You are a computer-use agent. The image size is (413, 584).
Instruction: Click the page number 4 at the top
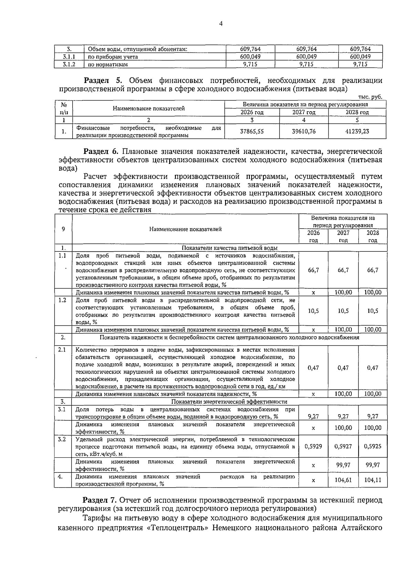[x=221, y=24]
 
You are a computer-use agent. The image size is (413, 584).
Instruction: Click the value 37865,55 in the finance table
[x=252, y=131]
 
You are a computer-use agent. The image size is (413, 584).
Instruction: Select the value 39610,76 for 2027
[x=304, y=131]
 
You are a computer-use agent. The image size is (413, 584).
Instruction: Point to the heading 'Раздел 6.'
[x=102, y=152]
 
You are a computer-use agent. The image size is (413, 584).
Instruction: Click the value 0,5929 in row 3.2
[x=313, y=446]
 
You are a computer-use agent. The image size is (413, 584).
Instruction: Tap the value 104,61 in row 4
[x=343, y=479]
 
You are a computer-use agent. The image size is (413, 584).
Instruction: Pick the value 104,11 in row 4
[x=373, y=479]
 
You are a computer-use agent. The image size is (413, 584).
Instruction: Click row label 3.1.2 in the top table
[x=69, y=64]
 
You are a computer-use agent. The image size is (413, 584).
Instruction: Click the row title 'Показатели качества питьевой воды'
[x=230, y=248]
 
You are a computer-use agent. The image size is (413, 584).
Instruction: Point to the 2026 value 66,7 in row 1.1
[x=313, y=270]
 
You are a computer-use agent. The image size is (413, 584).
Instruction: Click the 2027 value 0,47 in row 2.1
[x=343, y=368]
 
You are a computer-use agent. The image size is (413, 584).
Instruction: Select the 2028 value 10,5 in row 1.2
[x=373, y=311]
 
